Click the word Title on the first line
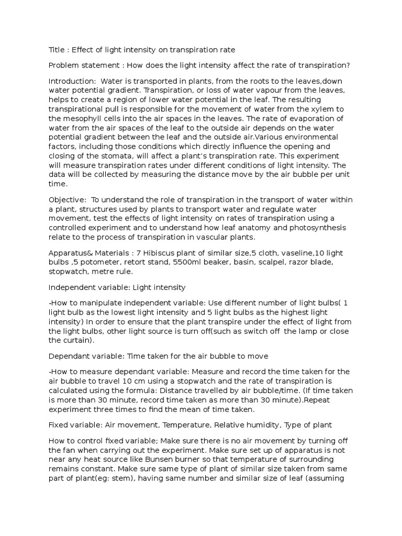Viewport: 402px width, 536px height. pos(56,50)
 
